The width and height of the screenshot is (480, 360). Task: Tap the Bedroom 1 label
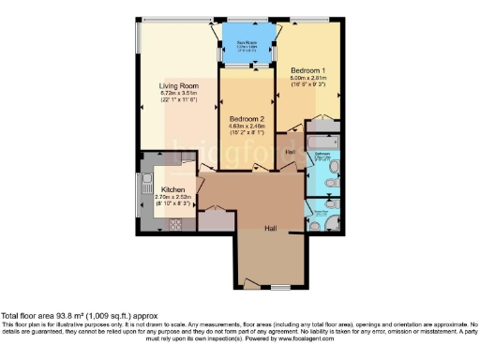pyautogui.click(x=307, y=71)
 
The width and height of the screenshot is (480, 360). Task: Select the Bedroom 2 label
pyautogui.click(x=247, y=119)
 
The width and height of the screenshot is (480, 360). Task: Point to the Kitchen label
pyautogui.click(x=173, y=189)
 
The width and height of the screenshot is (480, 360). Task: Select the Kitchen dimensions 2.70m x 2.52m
pyautogui.click(x=173, y=197)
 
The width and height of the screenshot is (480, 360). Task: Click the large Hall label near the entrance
pyautogui.click(x=270, y=227)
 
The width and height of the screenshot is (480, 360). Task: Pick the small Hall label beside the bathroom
pyautogui.click(x=291, y=152)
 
